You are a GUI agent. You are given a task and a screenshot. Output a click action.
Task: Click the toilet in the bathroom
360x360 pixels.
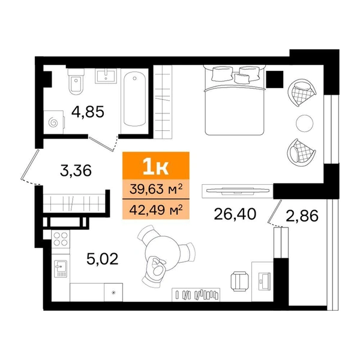click(x=76, y=82)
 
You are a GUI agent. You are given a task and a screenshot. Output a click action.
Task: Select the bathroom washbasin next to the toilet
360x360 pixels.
click(x=106, y=76)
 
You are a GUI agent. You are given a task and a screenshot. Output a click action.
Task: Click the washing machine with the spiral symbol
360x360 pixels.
click(x=54, y=122)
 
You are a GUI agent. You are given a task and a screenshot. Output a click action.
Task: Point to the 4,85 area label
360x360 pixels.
click(x=88, y=112)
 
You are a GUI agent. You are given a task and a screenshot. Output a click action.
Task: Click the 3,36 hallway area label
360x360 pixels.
click(x=76, y=170)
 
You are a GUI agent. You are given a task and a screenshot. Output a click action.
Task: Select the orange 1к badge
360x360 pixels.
click(x=156, y=166)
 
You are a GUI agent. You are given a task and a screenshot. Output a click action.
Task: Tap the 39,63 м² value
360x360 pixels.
click(x=156, y=189)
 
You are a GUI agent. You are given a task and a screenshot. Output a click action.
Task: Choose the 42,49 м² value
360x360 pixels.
click(x=156, y=209)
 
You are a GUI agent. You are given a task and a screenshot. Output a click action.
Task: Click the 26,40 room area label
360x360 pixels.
click(x=235, y=214)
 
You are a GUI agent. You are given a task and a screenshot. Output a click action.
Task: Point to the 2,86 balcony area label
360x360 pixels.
click(x=302, y=216)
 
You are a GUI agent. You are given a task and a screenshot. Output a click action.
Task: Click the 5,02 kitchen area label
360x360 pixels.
click(x=103, y=259)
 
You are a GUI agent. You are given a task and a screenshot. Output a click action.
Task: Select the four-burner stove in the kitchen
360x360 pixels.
click(x=61, y=239)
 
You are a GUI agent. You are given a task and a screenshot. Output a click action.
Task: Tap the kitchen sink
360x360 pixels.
click(x=61, y=269)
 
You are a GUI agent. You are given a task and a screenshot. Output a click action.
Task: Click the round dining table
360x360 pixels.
click(x=163, y=253)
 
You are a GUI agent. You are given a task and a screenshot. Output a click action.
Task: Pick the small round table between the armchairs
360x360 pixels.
click(x=304, y=123)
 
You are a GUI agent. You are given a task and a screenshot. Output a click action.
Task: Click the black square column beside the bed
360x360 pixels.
click(x=275, y=79)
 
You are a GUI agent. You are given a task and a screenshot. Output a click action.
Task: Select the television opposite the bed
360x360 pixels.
click(x=238, y=190)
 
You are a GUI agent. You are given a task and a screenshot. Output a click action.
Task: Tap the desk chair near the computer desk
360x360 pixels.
click(x=239, y=281)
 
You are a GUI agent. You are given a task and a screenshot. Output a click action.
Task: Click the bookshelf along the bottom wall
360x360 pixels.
click(x=196, y=295)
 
